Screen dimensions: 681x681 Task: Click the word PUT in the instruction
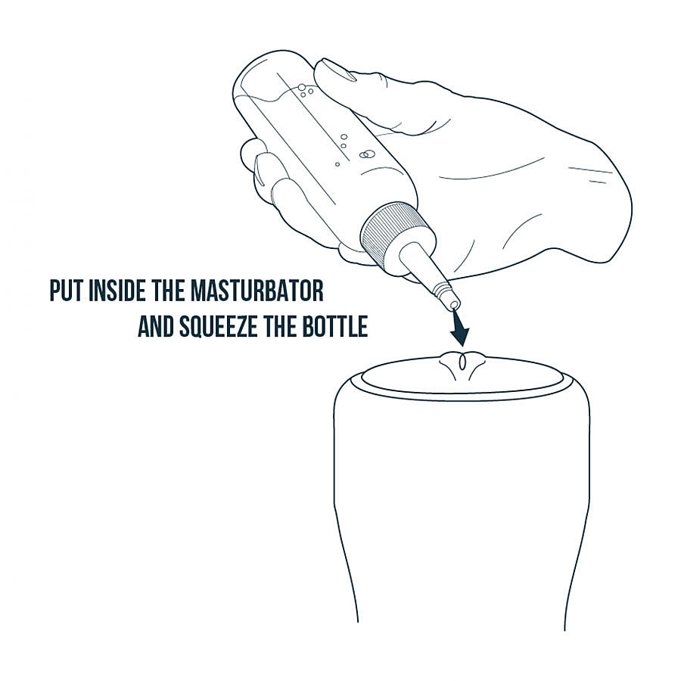click(67, 291)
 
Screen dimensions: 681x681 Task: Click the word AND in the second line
click(156, 327)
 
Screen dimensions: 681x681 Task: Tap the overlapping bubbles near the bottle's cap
click(366, 154)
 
